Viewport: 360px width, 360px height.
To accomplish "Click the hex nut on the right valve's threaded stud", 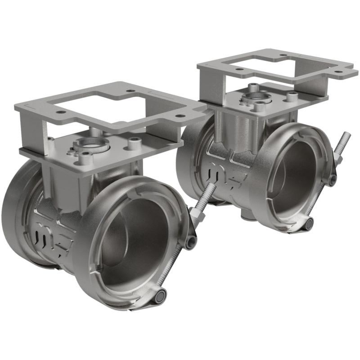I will coord(338,158).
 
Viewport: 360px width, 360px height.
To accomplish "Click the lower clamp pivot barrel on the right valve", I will coord(309,223).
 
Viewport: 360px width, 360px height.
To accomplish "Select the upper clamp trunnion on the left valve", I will coord(190,242).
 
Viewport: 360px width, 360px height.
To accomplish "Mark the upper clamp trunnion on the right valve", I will coord(332,180).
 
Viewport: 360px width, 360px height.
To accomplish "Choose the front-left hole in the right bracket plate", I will coord(236,69).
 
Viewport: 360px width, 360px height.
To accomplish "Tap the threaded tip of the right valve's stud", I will coord(348,135).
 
